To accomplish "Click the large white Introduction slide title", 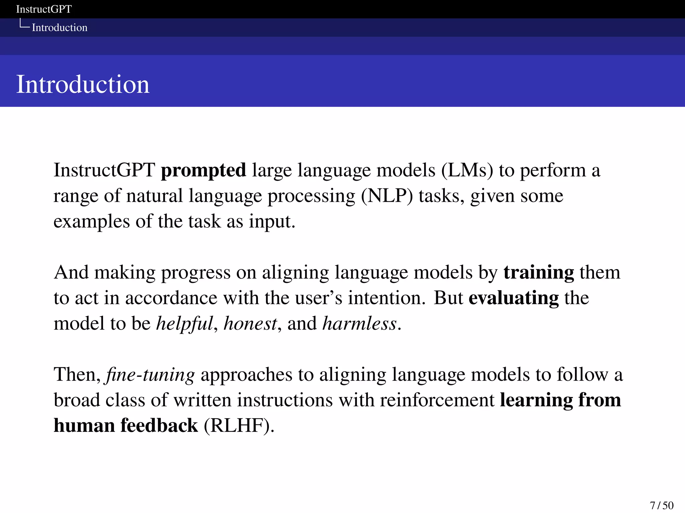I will click(x=83, y=84).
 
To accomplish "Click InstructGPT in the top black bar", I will click(x=44, y=9).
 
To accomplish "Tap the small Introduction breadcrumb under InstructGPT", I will click(x=60, y=27).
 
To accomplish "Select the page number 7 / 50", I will click(x=662, y=505).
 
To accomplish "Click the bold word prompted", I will click(x=203, y=170).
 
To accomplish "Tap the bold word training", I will click(x=539, y=273).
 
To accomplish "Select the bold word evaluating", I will click(x=513, y=298).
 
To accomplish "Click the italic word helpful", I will click(x=185, y=324).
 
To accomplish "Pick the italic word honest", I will click(x=250, y=324).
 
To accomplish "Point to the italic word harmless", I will click(x=360, y=324).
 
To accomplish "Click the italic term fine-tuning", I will click(x=150, y=374).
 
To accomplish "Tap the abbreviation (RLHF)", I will click(x=239, y=425).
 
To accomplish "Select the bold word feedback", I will click(x=159, y=425).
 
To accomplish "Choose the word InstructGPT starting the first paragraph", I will click(x=104, y=170).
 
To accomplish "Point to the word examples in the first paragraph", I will click(x=91, y=221).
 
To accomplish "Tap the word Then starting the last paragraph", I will click(x=77, y=374).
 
